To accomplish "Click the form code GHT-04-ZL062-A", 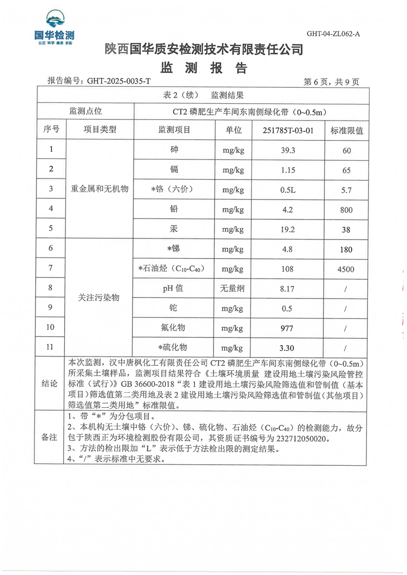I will [333, 34].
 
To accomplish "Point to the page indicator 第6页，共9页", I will [332, 82].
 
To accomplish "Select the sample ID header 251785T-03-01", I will [287, 130].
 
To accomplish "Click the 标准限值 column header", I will [346, 130].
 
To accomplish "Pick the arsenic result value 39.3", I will [287, 150].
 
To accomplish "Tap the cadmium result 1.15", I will [287, 169].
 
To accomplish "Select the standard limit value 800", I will [346, 209].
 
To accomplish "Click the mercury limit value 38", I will [346, 229].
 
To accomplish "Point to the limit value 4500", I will [346, 269].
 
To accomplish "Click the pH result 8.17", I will [287, 289].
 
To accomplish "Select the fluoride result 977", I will [287, 328].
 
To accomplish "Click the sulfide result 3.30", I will [287, 348].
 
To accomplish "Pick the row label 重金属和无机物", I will [99, 189].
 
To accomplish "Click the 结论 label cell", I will [50, 384].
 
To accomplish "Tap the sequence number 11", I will [50, 347].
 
